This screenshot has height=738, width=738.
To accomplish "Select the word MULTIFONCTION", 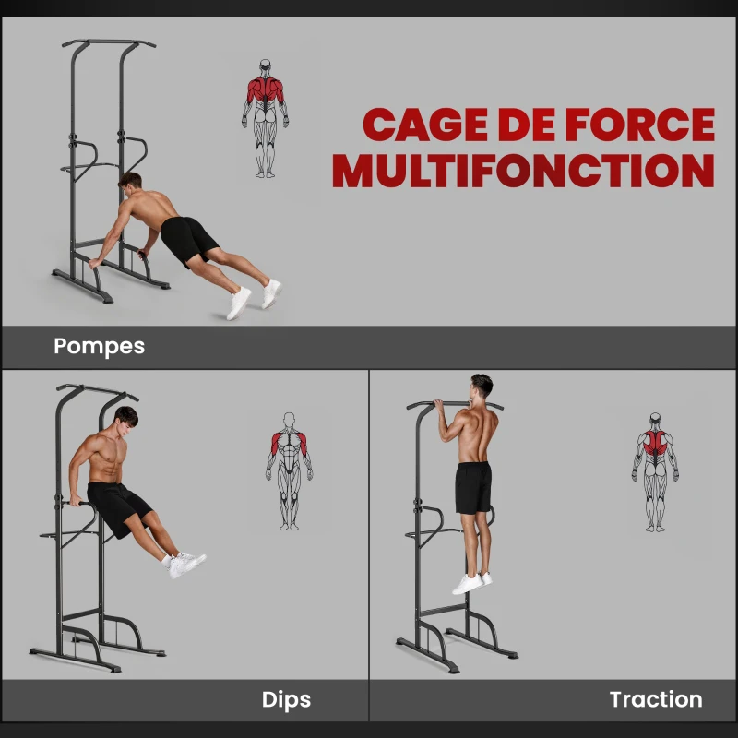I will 523,171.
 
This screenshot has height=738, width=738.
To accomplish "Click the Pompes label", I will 99,347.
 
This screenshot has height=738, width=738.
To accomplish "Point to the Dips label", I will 286,700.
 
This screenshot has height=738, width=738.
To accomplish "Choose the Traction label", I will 655,700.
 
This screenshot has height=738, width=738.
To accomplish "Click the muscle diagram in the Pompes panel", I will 265,117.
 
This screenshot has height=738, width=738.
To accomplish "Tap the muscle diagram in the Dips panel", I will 289,470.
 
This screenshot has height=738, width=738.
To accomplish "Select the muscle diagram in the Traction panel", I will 655,471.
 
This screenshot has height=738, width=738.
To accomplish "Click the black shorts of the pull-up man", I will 473,487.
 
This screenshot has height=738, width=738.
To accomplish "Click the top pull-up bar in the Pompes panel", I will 108,42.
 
